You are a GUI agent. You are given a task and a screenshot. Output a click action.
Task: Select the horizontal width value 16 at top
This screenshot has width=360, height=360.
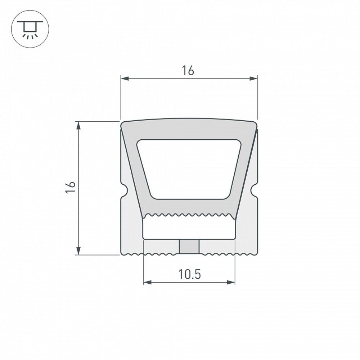coord(188,71)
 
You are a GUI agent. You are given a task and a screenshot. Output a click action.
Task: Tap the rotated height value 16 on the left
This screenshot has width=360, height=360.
coord(71,188)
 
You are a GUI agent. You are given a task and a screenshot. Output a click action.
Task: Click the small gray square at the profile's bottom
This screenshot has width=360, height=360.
coord(189,247)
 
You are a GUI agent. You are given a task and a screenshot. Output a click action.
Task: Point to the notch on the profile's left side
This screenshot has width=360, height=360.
coord(123,191)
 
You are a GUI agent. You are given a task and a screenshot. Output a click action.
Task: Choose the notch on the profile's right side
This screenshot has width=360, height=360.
coord(255,191)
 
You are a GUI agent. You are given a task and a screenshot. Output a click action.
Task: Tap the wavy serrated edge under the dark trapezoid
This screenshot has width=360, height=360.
coord(189,215)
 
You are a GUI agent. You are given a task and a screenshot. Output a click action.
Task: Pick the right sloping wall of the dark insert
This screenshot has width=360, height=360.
coord(243,173)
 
